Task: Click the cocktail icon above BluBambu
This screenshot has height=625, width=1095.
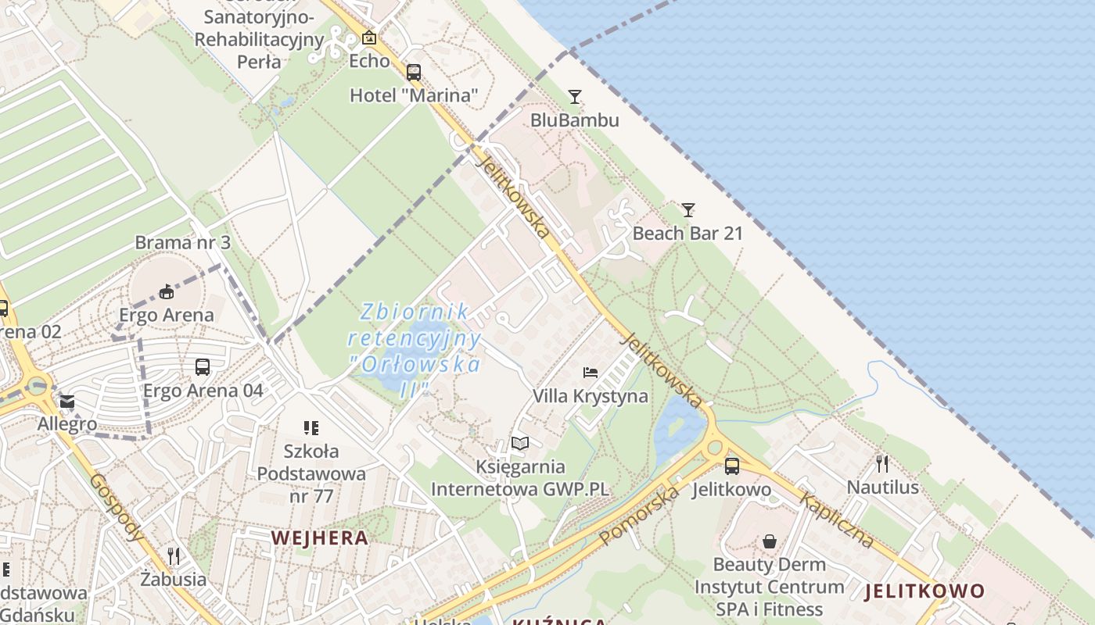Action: click(x=575, y=97)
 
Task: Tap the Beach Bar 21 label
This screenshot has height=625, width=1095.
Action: click(x=688, y=233)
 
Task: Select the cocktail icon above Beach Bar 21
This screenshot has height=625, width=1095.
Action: click(x=688, y=209)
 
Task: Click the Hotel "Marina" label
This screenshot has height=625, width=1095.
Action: click(x=413, y=95)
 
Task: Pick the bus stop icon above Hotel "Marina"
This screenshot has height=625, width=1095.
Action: click(x=413, y=73)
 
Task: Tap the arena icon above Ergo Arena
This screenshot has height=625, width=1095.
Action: click(x=166, y=292)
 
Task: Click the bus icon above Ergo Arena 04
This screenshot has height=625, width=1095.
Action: click(x=203, y=366)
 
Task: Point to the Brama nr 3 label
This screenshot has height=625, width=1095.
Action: click(x=182, y=242)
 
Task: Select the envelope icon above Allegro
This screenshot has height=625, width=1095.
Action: click(x=67, y=402)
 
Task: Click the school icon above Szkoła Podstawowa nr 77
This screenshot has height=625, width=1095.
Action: click(x=311, y=427)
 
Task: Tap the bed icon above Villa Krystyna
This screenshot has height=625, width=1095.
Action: click(x=591, y=373)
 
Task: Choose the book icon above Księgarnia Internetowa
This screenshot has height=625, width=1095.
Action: click(x=519, y=444)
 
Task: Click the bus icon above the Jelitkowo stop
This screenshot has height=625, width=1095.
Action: click(x=731, y=466)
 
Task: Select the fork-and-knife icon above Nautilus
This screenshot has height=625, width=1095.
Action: click(x=882, y=464)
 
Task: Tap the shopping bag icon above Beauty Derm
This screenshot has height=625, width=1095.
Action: click(x=770, y=541)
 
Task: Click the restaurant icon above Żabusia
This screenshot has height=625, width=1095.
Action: click(x=174, y=556)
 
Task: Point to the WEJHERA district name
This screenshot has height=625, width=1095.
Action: click(x=319, y=537)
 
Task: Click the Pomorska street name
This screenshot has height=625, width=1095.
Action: click(x=640, y=516)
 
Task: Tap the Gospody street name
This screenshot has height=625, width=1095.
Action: click(x=117, y=507)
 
